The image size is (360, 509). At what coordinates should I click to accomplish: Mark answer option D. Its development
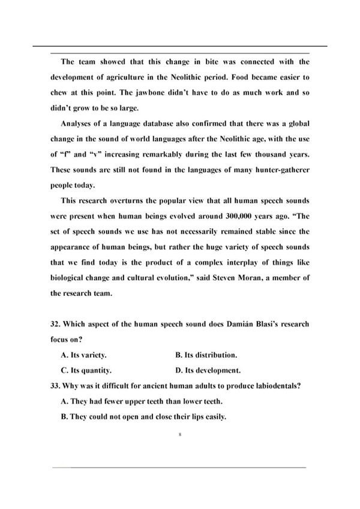point(209,370)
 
